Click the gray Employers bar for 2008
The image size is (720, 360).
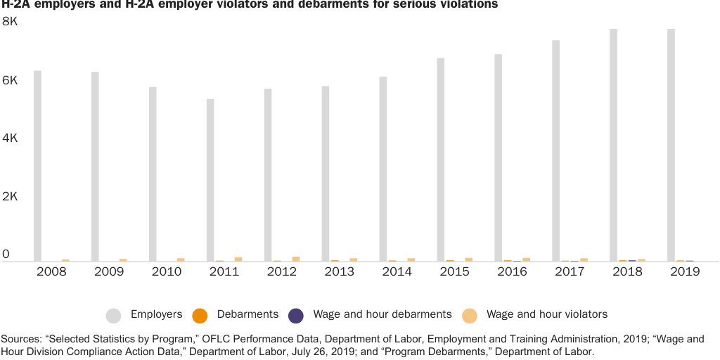(x=37, y=166)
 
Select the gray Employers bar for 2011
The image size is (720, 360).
(x=210, y=180)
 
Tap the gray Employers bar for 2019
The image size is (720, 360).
(x=671, y=145)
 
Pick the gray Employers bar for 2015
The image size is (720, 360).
(x=440, y=160)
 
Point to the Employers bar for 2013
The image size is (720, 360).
(x=326, y=174)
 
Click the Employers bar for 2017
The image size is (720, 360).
(x=555, y=150)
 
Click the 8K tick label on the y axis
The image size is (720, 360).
(x=10, y=22)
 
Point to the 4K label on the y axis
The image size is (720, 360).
(x=10, y=139)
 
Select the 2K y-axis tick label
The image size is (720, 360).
(x=10, y=197)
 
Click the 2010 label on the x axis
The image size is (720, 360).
(x=167, y=271)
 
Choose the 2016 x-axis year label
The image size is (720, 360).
(x=513, y=271)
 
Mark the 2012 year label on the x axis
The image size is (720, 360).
(x=282, y=271)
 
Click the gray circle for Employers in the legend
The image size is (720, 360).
(x=113, y=315)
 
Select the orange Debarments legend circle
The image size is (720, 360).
(x=200, y=315)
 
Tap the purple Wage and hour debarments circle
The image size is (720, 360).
(x=296, y=315)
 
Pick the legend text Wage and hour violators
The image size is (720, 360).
(x=547, y=314)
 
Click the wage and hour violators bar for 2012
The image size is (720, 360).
(x=296, y=259)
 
